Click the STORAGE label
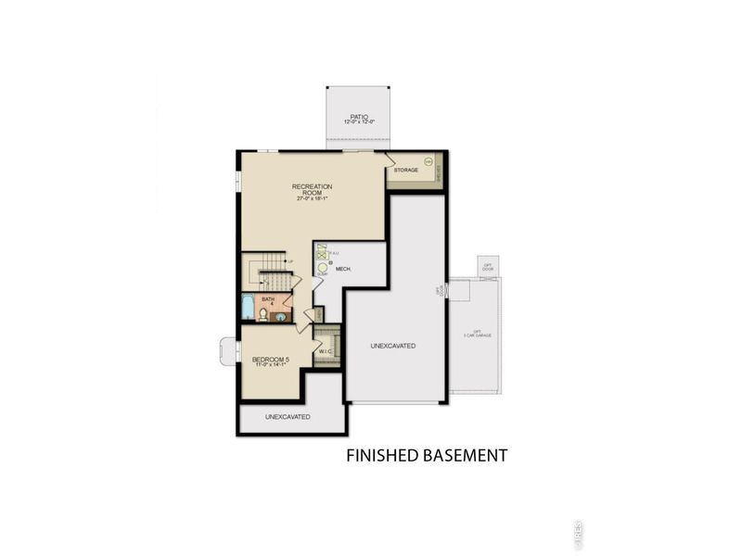406,171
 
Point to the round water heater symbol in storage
428,161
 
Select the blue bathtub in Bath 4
249,308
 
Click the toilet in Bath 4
263,315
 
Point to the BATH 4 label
269,300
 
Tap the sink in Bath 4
280,316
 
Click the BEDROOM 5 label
275,360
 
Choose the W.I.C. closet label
326,351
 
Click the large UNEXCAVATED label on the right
393,346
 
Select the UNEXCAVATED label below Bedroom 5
288,417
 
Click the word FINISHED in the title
385,455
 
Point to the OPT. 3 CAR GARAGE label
477,333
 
